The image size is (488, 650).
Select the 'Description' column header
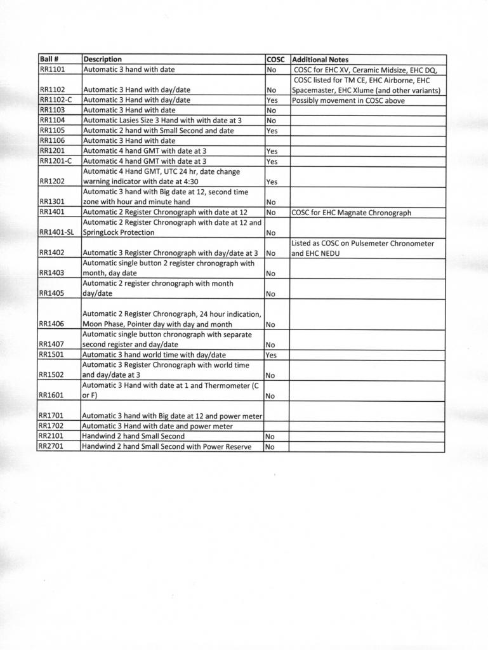click(102, 59)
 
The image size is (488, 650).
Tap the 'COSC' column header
click(276, 59)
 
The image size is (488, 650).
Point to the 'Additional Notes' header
click(320, 59)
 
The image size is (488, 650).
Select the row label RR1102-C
click(56, 100)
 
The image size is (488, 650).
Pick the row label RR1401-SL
click(56, 232)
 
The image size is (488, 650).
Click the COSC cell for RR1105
click(272, 131)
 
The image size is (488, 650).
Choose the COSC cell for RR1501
click(272, 355)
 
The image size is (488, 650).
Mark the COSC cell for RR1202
click(272, 182)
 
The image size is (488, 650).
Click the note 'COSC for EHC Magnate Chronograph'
click(351, 213)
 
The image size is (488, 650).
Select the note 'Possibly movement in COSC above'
click(348, 100)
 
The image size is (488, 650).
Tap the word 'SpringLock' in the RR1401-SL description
click(102, 232)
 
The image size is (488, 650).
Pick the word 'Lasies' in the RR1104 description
click(131, 120)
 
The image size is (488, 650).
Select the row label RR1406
click(53, 324)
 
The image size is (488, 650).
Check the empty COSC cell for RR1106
click(277, 140)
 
